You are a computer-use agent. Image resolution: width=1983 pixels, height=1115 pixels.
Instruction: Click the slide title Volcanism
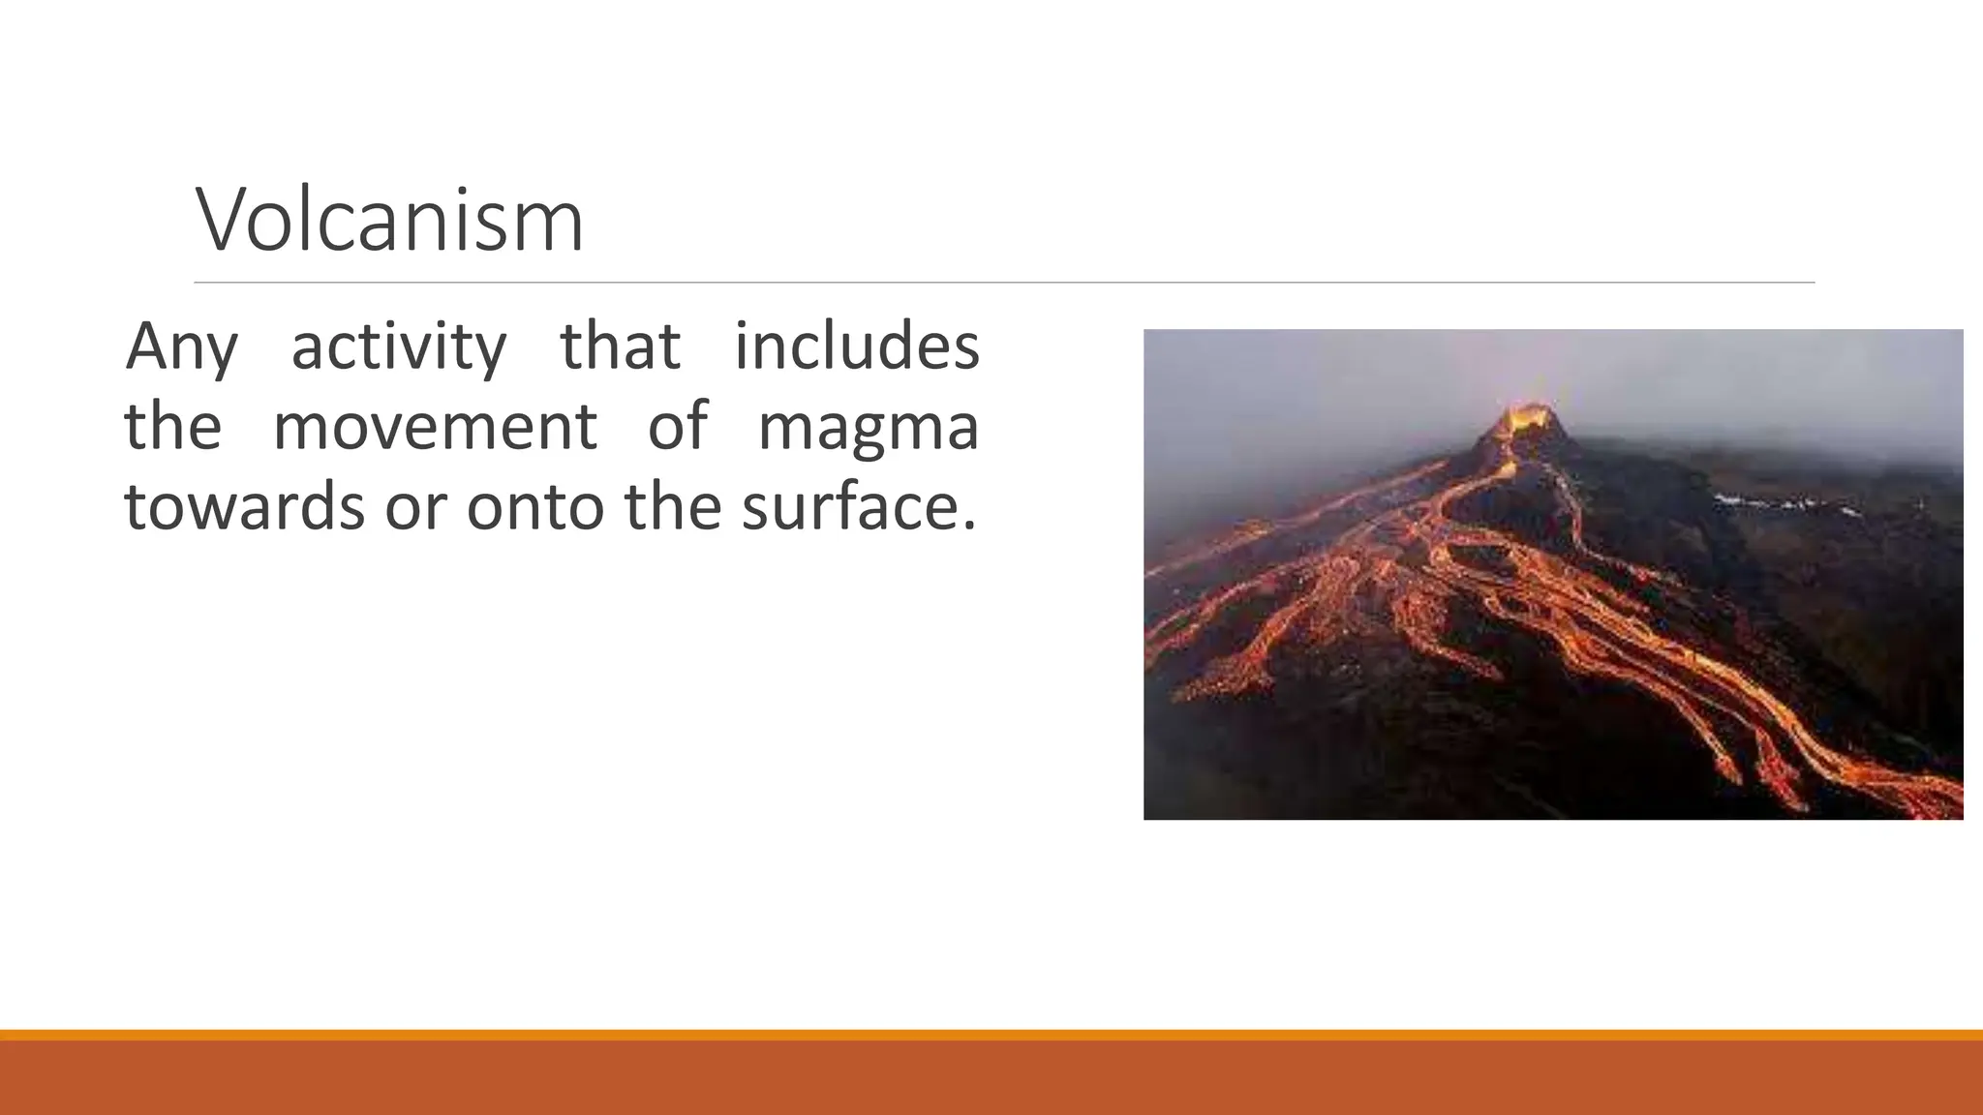point(389,221)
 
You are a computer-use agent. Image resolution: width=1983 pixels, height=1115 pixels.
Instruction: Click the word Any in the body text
point(181,347)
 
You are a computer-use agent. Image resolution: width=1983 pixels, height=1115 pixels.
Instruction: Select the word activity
point(398,347)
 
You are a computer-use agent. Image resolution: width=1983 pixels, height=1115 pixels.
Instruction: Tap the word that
point(620,346)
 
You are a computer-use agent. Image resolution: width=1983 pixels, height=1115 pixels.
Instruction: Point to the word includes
point(856,346)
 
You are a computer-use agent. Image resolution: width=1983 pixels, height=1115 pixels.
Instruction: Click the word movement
point(435,427)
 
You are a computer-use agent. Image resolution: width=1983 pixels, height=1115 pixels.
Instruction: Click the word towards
point(245,506)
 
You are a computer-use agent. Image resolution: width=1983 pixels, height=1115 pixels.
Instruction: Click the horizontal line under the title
point(1004,283)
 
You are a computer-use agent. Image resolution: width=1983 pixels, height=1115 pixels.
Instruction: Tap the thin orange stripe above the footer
point(991,1035)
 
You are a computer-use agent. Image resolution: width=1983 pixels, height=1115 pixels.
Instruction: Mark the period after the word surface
point(969,527)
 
